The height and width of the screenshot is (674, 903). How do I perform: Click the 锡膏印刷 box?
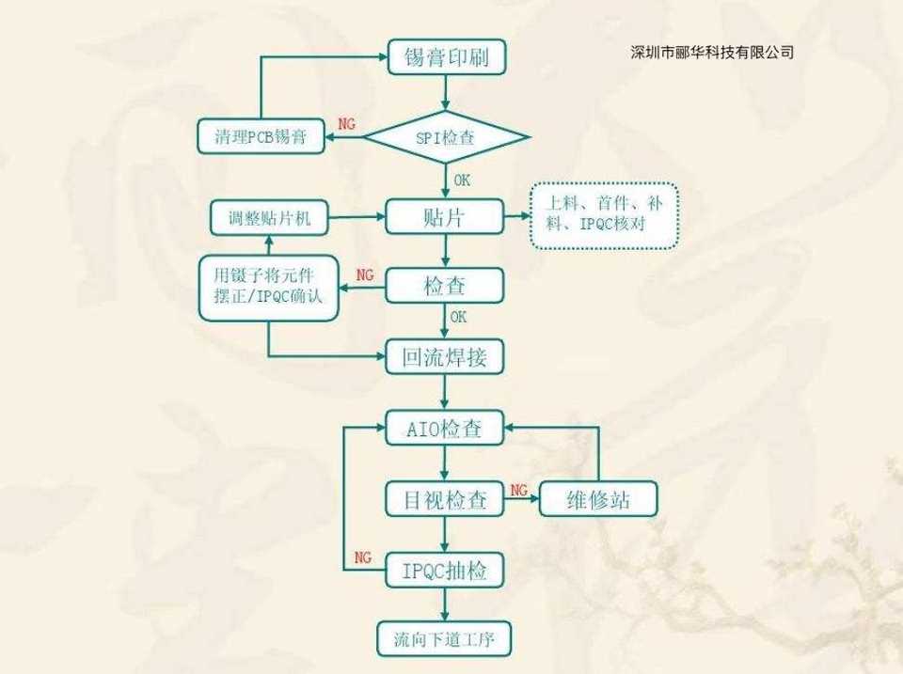pos(447,58)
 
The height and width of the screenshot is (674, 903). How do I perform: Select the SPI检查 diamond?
pos(446,137)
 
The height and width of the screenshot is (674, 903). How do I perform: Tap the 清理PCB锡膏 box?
pos(260,137)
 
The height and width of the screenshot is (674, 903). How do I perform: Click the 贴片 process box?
pos(446,218)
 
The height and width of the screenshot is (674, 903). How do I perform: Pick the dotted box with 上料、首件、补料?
pos(603,215)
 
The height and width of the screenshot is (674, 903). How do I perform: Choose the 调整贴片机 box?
pos(268,219)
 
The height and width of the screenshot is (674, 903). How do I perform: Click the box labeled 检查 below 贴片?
pos(446,286)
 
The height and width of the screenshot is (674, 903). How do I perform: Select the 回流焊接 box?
pos(446,356)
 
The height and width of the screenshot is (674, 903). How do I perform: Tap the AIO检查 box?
pos(446,429)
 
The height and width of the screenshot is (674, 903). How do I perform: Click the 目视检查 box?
pos(446,500)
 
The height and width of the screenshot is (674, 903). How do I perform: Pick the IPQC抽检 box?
pos(446,569)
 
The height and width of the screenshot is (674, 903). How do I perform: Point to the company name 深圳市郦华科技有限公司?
pos(712,53)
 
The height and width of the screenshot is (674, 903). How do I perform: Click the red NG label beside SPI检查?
pos(346,124)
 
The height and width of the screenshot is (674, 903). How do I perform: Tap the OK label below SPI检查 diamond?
pos(462,180)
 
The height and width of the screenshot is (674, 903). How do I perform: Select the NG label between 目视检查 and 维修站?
pos(518,490)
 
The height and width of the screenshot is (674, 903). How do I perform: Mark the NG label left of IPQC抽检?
pos(363,557)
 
